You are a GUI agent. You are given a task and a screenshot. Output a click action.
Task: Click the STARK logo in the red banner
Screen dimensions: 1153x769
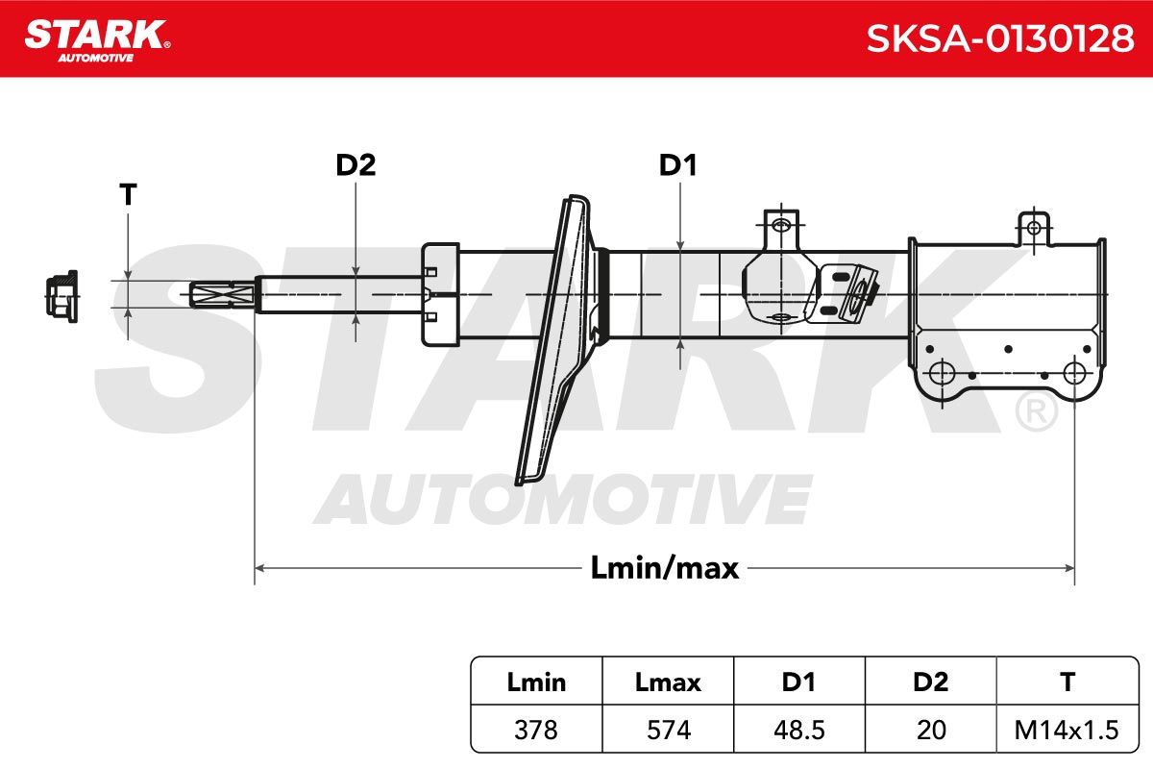click(x=97, y=41)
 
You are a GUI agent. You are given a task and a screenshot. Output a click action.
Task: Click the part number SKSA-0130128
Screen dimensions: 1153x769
click(x=999, y=38)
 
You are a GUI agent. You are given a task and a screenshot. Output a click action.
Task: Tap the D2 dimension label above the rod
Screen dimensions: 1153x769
click(x=356, y=165)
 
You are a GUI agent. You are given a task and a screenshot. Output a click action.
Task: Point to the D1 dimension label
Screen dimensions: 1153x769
click(x=678, y=165)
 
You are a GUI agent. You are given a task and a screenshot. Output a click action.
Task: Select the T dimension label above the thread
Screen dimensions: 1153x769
click(x=128, y=195)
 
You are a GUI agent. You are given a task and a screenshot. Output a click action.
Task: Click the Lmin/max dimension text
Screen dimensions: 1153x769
click(x=665, y=568)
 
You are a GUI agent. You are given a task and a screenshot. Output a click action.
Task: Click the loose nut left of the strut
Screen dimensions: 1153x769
click(x=61, y=296)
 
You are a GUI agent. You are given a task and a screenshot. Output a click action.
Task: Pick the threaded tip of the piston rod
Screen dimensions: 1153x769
click(x=222, y=294)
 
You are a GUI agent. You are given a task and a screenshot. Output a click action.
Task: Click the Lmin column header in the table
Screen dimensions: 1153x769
click(x=536, y=682)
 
